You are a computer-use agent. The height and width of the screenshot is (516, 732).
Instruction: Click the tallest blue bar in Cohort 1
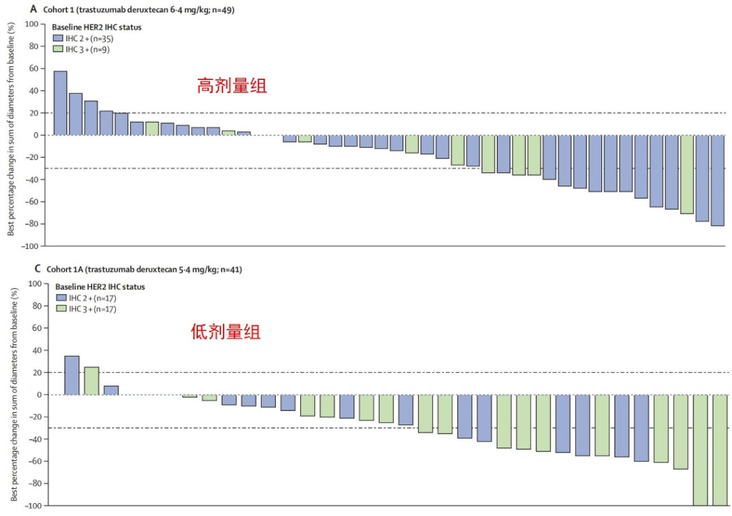click(x=60, y=103)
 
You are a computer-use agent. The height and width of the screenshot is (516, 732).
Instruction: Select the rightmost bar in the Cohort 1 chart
click(x=717, y=180)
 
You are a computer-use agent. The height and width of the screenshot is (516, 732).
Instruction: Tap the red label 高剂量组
click(x=232, y=85)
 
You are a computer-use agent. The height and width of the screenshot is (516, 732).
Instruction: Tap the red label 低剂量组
click(x=226, y=332)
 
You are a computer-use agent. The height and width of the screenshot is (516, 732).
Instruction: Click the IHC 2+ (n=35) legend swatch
click(x=58, y=39)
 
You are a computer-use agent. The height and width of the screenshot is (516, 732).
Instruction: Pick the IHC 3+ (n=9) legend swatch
click(x=58, y=49)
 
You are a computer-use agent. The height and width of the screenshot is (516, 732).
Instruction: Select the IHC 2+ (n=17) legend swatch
click(x=62, y=298)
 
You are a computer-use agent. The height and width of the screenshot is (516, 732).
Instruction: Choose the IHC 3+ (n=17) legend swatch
click(x=62, y=309)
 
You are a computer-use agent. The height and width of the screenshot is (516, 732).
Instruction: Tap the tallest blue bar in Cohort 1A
click(x=71, y=375)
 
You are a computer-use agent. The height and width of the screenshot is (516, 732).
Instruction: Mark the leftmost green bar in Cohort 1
click(x=152, y=128)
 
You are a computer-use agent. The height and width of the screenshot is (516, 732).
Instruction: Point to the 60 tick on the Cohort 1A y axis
click(x=35, y=328)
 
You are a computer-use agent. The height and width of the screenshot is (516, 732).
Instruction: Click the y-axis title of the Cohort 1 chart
click(x=12, y=129)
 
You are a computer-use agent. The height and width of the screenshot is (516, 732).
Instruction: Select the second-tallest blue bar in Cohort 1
click(x=75, y=114)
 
